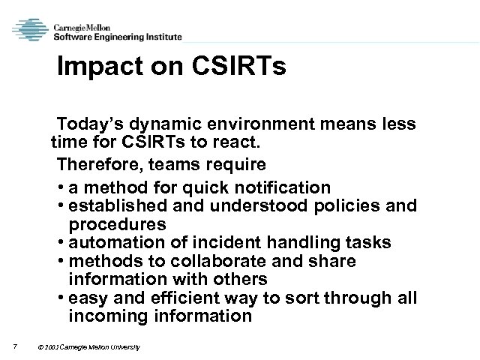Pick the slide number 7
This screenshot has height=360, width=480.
[x=16, y=346]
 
